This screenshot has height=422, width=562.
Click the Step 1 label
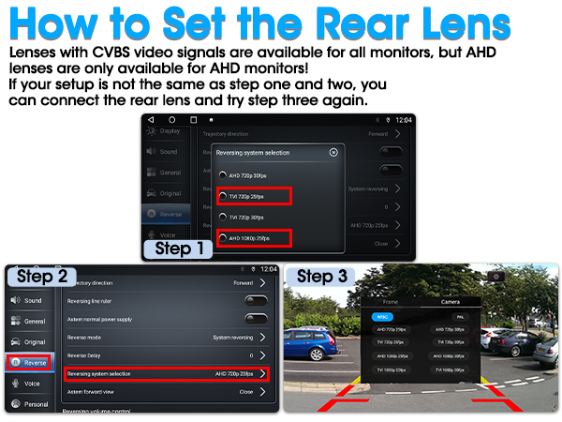pyautogui.click(x=185, y=249)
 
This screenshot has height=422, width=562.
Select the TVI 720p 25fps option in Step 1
pyautogui.click(x=254, y=196)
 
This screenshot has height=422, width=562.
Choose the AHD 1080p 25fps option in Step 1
pyautogui.click(x=254, y=239)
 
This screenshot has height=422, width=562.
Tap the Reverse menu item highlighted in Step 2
pyautogui.click(x=28, y=362)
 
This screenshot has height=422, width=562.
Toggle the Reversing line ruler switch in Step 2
pyautogui.click(x=255, y=300)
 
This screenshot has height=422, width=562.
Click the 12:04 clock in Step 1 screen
pyautogui.click(x=404, y=120)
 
